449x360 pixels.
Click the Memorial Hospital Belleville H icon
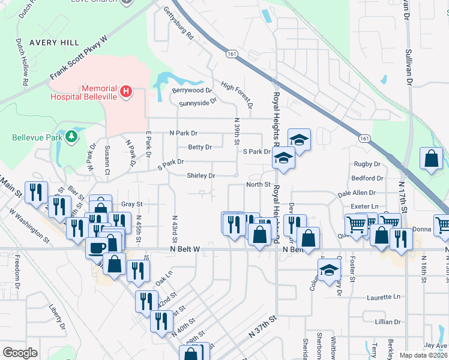(125, 91)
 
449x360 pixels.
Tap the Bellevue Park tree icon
(72, 137)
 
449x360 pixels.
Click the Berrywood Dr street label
(193, 91)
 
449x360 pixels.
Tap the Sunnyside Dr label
(197, 103)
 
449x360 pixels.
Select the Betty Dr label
(200, 147)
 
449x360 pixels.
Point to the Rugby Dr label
(367, 164)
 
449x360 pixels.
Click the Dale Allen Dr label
(357, 193)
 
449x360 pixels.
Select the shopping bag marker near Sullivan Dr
(431, 160)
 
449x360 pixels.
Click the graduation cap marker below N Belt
(329, 270)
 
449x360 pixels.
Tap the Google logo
(20, 353)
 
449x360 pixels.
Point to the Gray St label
(131, 204)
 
